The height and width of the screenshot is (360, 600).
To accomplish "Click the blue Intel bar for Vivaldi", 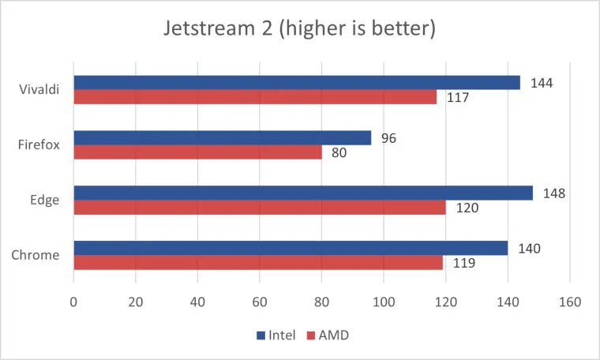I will point(297,83).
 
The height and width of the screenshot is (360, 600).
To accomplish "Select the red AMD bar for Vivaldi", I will point(255,97).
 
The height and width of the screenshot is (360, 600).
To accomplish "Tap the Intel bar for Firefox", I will point(222,138).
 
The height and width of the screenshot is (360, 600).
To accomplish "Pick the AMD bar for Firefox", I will point(197,152).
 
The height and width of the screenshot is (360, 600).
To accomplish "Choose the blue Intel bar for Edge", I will point(303,193).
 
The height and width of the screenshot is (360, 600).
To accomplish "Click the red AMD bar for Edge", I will point(260,208).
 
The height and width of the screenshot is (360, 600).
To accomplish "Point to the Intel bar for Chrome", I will point(291,248).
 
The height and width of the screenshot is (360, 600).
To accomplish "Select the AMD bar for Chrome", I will point(258,262).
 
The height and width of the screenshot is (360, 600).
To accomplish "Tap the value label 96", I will point(388,138).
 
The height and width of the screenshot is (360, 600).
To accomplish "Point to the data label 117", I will point(458,98).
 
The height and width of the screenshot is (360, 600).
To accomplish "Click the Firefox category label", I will point(39,145).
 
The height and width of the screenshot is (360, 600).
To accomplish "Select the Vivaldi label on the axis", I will point(39,90).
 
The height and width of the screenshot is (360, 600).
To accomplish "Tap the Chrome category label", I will point(37,255).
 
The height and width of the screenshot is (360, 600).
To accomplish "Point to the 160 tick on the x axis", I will point(569,302).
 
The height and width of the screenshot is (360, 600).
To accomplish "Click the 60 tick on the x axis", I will point(260,302).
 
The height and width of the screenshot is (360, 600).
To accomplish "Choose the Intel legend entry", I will point(276,335).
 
